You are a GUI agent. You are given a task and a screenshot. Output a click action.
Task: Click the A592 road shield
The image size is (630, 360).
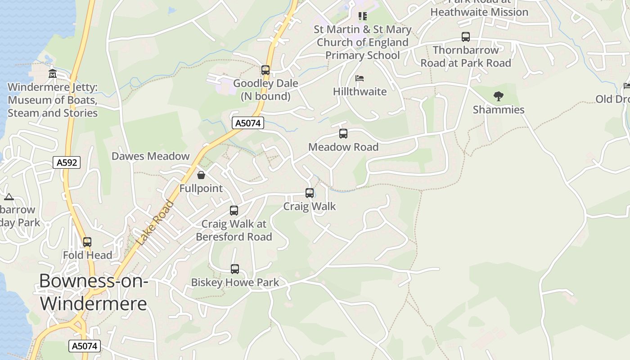pos(67,162)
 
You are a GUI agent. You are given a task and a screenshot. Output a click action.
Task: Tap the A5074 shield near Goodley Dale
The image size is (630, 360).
pos(248,123)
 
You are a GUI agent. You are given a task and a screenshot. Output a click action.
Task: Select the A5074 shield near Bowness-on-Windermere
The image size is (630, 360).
pos(84,346)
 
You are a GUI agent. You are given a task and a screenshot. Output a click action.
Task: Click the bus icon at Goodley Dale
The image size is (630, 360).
pos(265,70)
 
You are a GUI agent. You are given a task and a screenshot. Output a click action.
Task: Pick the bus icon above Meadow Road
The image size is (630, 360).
pos(343,134)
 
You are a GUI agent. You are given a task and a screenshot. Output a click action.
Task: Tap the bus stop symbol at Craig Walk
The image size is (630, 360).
pos(310,193)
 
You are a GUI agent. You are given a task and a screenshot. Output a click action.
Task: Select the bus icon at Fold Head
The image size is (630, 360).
pos(87,242)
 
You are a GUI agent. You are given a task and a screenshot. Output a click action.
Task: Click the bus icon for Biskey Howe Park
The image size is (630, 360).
pos(235,269)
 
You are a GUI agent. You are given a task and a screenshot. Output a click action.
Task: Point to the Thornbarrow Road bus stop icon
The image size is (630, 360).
pos(466,37)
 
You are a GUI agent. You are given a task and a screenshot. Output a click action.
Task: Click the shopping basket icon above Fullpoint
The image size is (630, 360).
pos(201,175)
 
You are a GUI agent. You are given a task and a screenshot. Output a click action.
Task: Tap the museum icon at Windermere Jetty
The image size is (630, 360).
pos(53,74)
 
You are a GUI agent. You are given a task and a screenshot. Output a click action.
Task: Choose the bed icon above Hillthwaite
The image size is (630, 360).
pos(360,78)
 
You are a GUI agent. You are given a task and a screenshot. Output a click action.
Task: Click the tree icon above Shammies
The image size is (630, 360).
pos(498,96)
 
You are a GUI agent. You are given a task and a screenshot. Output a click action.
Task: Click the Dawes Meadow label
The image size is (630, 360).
pos(151,156)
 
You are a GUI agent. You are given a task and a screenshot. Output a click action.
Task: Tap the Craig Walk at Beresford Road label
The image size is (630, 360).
pos(234,230)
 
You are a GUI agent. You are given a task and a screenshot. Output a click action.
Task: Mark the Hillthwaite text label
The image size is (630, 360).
pos(360,91)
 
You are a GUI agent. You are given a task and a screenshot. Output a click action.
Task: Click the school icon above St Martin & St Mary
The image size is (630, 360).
pos(363,16)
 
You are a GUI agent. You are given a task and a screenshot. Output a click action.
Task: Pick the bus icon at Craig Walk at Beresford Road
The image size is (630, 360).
pos(234,210)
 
